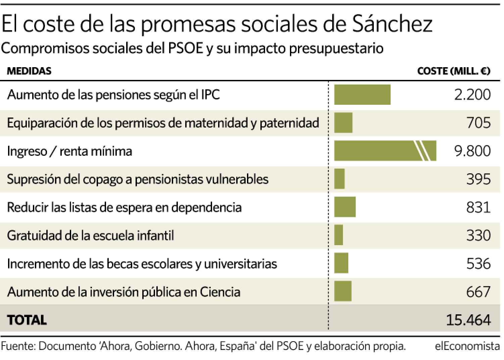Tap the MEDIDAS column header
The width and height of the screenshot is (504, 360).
[x=29, y=71]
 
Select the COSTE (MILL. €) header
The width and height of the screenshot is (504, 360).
[x=454, y=71]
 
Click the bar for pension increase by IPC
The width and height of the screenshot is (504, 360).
[x=362, y=95]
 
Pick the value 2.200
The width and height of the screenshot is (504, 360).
[x=472, y=95]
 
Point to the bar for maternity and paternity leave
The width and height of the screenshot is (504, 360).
[x=343, y=123]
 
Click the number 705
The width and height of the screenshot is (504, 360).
[x=478, y=123]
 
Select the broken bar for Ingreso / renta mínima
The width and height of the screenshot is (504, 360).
[x=385, y=151]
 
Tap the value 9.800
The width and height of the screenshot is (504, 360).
[x=472, y=151]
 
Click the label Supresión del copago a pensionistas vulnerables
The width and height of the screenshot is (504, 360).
[x=138, y=179]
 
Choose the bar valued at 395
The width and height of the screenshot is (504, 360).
[x=339, y=179]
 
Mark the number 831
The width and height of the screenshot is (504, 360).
[x=478, y=207]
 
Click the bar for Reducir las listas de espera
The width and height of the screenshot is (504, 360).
[x=345, y=207]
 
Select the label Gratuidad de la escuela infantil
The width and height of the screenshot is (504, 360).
[x=91, y=235]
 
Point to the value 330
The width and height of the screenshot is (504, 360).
[x=478, y=235]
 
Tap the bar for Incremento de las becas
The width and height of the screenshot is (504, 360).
[x=341, y=263]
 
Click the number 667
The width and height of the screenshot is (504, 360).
[x=478, y=291]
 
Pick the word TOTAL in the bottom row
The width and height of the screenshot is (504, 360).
[x=27, y=320]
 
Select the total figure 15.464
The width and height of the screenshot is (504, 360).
[x=468, y=320]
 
